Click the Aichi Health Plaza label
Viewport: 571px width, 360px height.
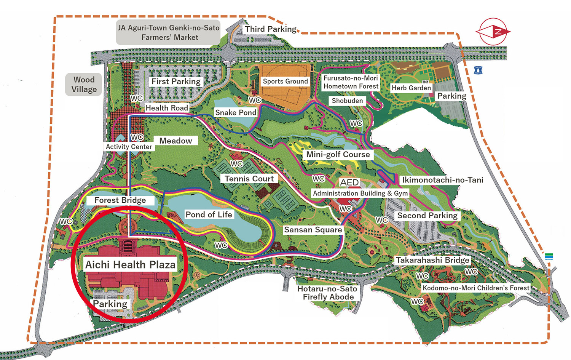click(x=130, y=264)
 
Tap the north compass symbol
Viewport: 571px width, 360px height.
click(x=493, y=32)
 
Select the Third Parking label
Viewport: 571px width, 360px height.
click(x=270, y=29)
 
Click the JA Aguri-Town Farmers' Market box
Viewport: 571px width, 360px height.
click(x=169, y=32)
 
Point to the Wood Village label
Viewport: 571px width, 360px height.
click(x=84, y=84)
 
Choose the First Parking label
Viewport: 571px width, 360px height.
click(x=176, y=82)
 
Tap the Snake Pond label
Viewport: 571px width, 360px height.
click(x=236, y=112)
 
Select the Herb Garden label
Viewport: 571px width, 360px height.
click(x=411, y=88)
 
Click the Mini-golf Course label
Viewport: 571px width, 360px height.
click(x=338, y=154)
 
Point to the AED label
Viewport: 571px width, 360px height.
click(x=349, y=182)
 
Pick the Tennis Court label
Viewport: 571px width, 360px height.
click(x=249, y=179)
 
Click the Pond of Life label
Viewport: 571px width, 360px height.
click(x=209, y=214)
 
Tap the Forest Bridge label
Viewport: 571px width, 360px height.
click(x=120, y=200)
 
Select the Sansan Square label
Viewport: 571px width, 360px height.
click(x=313, y=230)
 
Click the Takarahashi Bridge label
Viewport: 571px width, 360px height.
click(x=432, y=260)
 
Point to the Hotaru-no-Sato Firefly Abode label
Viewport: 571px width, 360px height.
click(x=328, y=293)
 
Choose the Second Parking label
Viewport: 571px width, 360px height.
click(x=427, y=216)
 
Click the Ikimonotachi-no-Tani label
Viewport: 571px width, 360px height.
click(x=442, y=180)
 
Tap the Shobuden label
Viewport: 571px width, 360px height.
click(x=347, y=101)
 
